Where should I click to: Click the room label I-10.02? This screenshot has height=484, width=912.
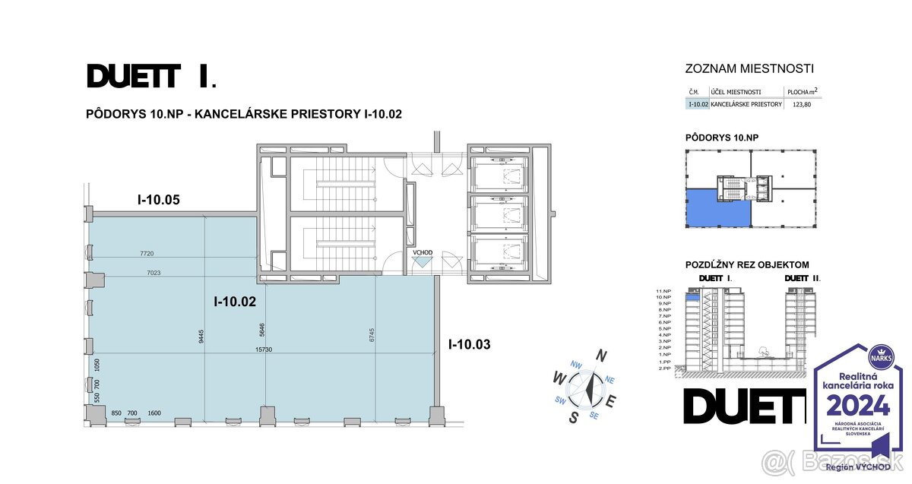(234, 302)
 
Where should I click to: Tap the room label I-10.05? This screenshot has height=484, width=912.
(158, 201)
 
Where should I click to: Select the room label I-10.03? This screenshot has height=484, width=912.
(469, 344)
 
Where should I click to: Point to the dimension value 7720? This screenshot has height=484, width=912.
(147, 253)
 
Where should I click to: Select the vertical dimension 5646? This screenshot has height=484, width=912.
(261, 330)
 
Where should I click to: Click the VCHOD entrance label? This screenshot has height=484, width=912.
(423, 252)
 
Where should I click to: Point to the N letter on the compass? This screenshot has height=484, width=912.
(601, 355)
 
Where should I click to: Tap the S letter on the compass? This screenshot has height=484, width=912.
(575, 416)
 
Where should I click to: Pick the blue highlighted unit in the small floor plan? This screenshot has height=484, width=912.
(717, 209)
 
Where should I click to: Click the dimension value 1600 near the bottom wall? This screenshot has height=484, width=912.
(155, 413)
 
